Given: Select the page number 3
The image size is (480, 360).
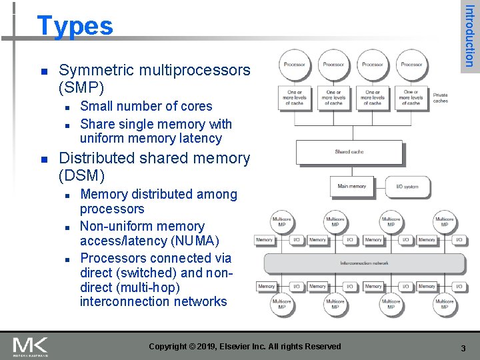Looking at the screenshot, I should coord(463,347).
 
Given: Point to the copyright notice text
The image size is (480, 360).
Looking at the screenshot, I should coord(245,347).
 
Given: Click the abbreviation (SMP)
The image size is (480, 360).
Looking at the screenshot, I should coord(82,88).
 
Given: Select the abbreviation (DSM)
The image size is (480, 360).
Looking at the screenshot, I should coord(82,176).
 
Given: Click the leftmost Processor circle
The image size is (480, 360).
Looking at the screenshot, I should coord(295,65).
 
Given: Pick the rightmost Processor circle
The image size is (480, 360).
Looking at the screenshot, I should coord(411,65).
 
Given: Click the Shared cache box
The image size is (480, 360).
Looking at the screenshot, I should coord(349,152).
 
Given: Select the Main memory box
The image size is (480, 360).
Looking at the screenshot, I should coord(352,187).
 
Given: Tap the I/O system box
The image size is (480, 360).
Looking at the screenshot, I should coord(407,187).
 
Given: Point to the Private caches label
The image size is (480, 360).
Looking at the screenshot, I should coord(441,98).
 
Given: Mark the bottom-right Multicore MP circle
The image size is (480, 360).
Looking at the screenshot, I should coord(445,305).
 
